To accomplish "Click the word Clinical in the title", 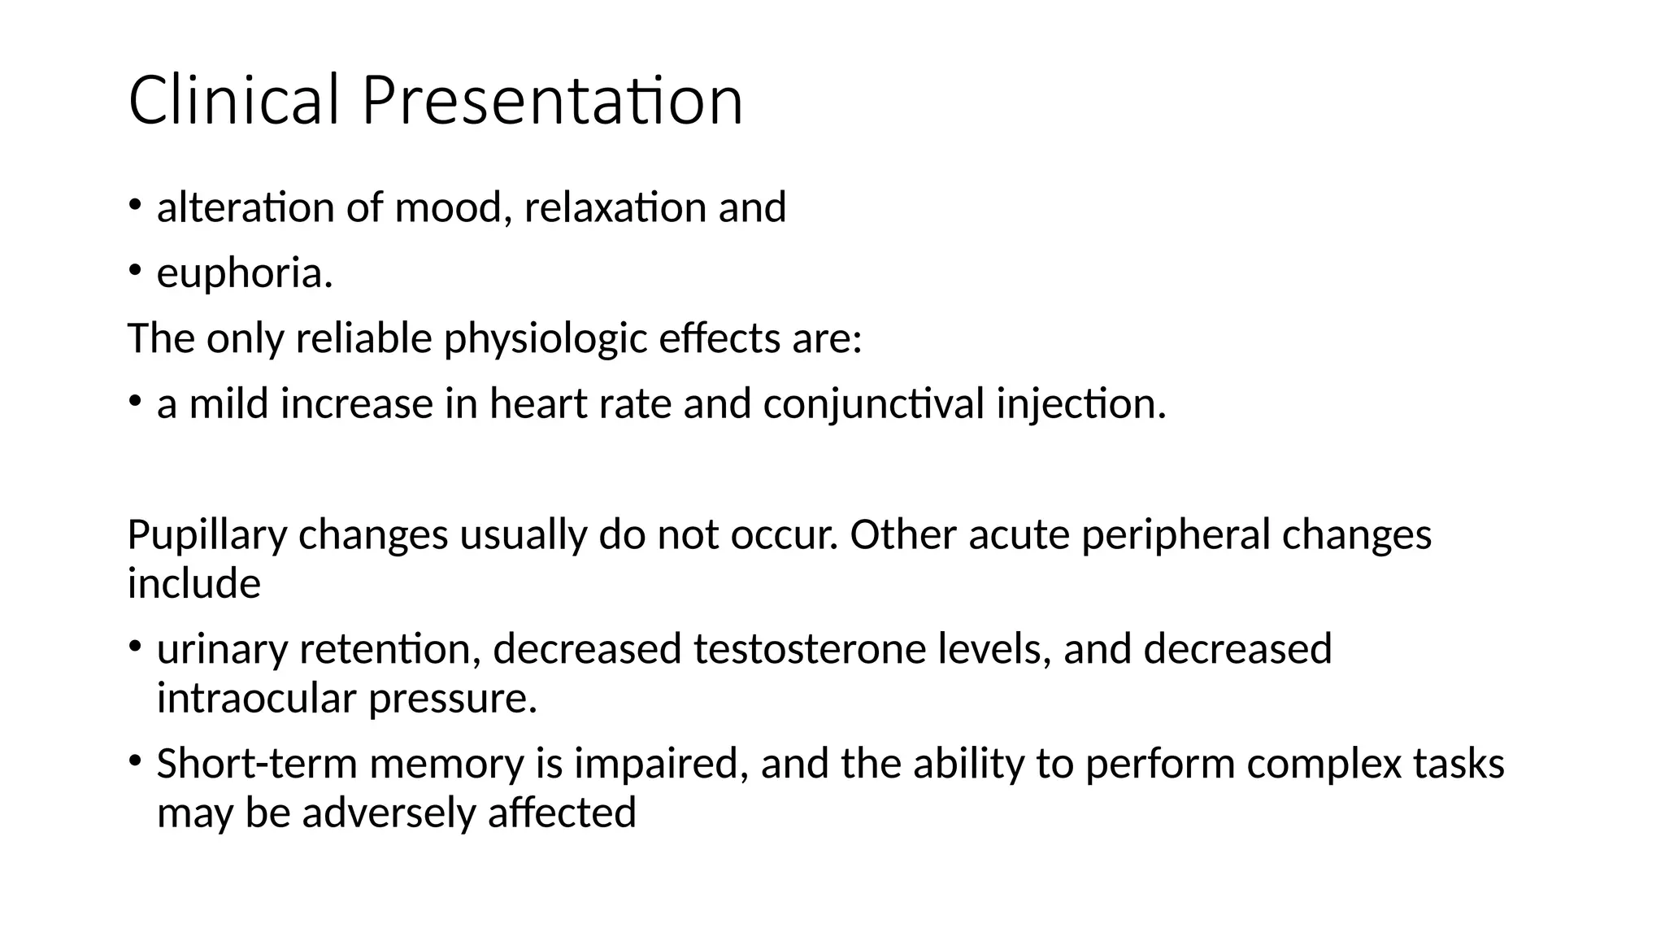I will pos(233,101).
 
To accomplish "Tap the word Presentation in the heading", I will pos(552,101).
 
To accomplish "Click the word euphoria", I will pos(245,274).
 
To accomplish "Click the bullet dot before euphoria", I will pos(135,269).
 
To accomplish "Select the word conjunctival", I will pos(874,405).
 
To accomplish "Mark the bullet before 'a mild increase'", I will pos(135,400).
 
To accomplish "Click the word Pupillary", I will pos(206,536).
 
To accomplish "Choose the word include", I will pos(194,584).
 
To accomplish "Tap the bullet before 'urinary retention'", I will pos(135,647).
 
